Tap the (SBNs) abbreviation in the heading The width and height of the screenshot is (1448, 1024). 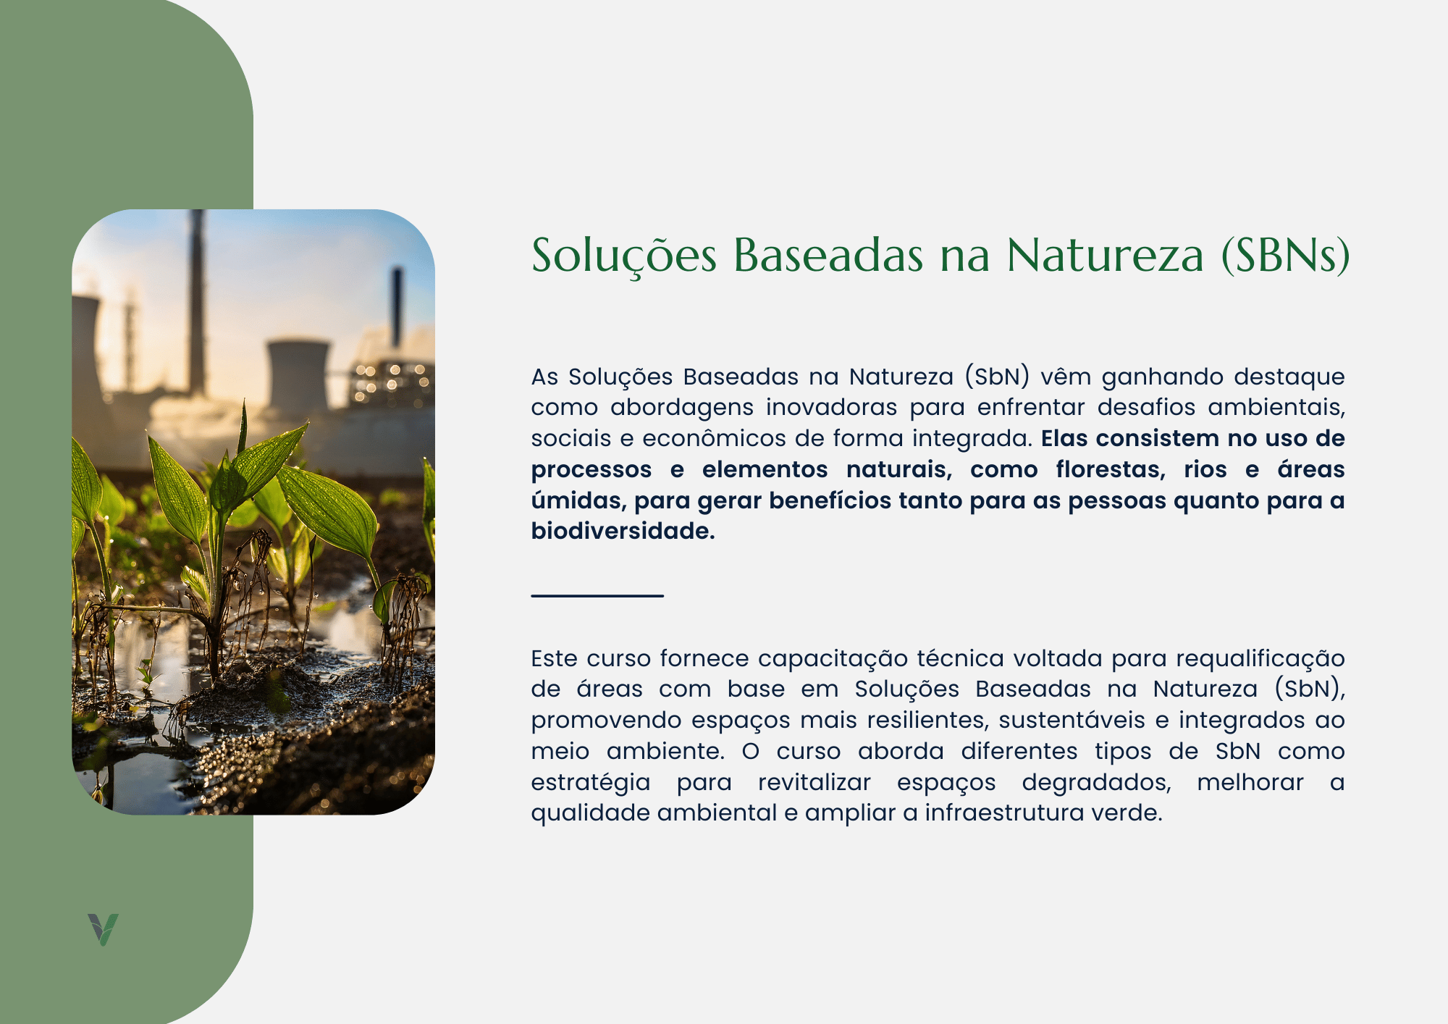coord(1285,256)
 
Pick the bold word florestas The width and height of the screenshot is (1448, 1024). coord(1111,469)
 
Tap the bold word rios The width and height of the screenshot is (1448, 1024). coord(1205,469)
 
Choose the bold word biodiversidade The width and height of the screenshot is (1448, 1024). coord(623,531)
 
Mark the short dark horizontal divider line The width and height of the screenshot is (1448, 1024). coord(597,595)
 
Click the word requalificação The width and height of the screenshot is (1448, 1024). coord(1260,659)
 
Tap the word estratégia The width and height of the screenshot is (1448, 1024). coord(591,783)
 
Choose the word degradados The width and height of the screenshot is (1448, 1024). coord(1097,783)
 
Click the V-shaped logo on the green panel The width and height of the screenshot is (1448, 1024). coord(103,929)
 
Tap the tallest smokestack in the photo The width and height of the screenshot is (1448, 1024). coord(196,301)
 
